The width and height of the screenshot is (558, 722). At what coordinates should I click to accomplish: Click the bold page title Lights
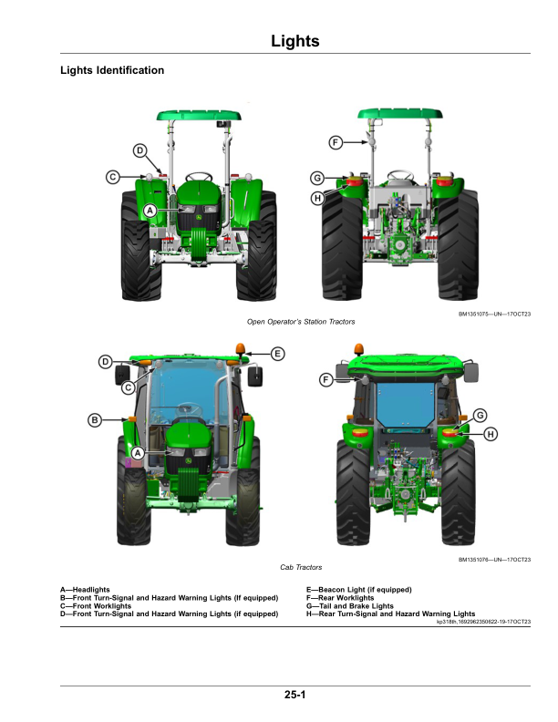pos(294,41)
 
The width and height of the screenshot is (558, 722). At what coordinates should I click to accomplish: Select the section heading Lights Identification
pos(111,70)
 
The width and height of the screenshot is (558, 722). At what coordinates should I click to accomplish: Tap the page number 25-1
pos(294,696)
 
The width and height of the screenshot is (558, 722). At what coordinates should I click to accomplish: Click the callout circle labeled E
pos(278,353)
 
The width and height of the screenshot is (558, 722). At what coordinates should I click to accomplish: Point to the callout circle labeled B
pos(94,419)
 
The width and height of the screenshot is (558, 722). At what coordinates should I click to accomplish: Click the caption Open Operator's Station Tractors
pos(301,322)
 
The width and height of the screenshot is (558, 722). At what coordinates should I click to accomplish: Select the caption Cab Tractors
pos(301,566)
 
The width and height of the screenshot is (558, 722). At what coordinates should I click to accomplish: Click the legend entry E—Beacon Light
pos(358,590)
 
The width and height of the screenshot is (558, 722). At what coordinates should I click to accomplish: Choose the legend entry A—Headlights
pos(85,590)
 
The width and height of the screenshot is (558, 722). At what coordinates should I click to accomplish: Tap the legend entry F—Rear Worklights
pos(346,598)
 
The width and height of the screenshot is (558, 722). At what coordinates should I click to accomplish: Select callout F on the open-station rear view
pos(336,143)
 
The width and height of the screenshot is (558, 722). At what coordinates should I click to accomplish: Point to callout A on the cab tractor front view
pos(139,452)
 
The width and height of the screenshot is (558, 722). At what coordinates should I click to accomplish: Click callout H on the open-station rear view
pos(316,197)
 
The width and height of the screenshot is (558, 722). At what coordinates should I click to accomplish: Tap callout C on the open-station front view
pos(112,177)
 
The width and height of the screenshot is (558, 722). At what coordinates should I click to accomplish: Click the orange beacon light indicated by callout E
pos(242,349)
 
